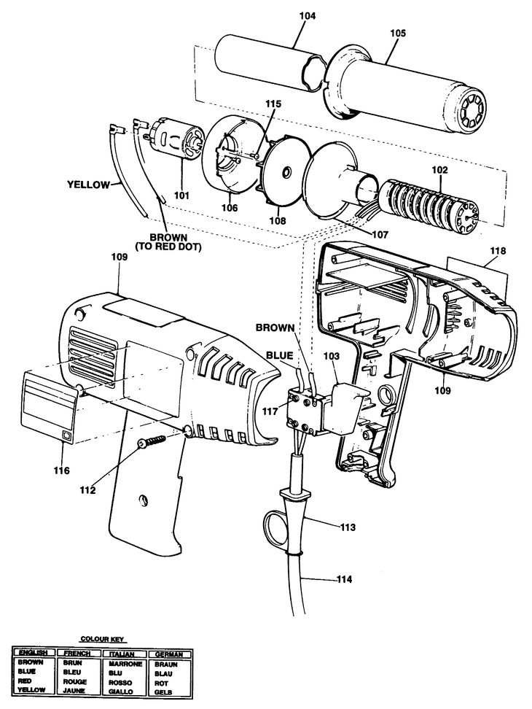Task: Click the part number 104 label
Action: (x=308, y=16)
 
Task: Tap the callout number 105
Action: (x=398, y=33)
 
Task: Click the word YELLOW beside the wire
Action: (x=88, y=185)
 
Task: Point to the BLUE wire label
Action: (x=280, y=355)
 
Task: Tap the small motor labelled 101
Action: (x=174, y=140)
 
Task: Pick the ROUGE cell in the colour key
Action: (x=75, y=681)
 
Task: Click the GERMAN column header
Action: (x=169, y=654)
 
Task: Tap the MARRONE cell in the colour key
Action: (x=125, y=665)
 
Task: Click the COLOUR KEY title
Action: (x=103, y=640)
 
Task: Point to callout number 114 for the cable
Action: (x=344, y=579)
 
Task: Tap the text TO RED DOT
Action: (x=168, y=247)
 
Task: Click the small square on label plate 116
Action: (x=67, y=435)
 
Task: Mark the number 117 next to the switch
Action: (x=270, y=411)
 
